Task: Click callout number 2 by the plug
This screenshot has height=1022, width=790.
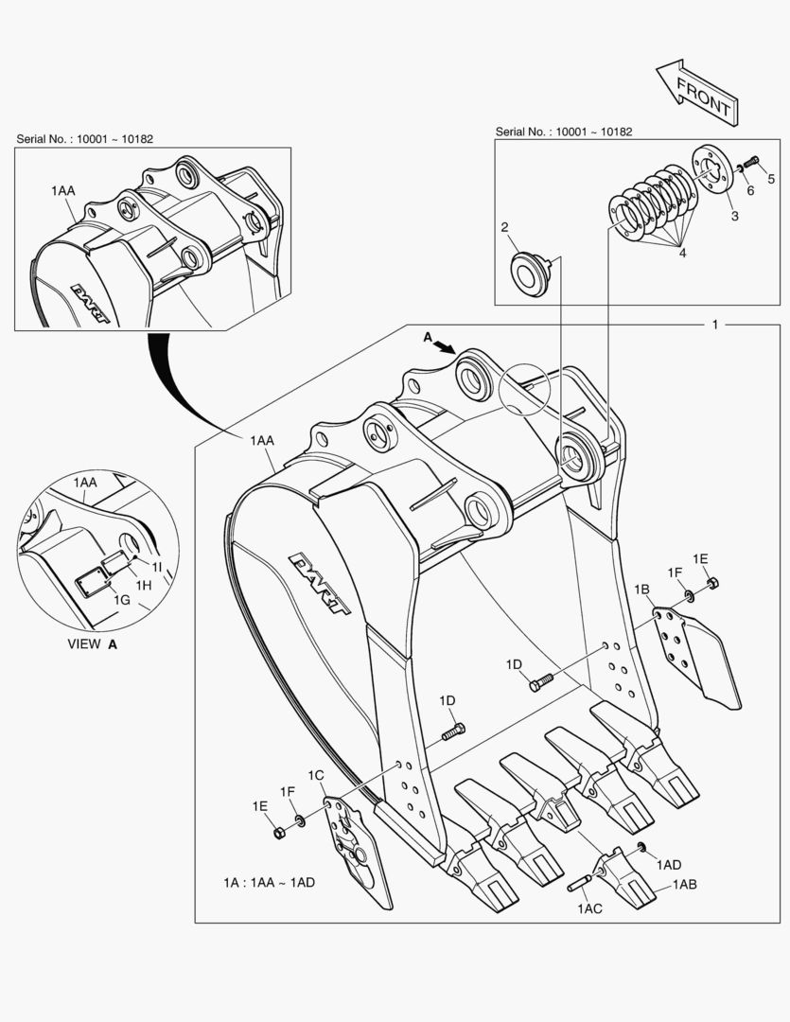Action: (504, 227)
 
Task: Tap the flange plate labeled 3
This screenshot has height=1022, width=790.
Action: (715, 175)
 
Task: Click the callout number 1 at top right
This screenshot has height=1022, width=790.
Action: (715, 325)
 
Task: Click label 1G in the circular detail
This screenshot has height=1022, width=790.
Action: (122, 599)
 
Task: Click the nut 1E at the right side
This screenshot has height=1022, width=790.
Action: (712, 582)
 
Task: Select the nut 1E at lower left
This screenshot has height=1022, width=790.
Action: (279, 832)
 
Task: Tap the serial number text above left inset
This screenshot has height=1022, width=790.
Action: (84, 139)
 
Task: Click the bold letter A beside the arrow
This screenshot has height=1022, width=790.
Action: (427, 337)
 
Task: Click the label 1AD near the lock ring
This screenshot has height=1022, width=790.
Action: (669, 864)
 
